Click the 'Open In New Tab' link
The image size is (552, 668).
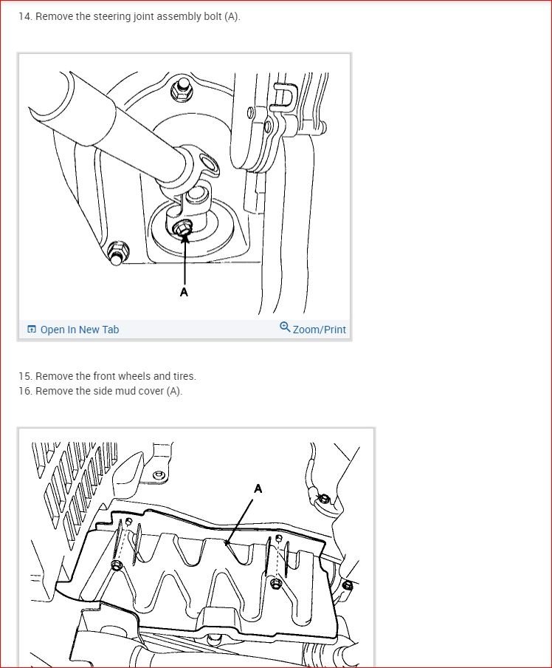click(80, 330)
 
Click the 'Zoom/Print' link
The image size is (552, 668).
click(320, 330)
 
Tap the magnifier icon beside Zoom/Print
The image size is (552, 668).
click(285, 327)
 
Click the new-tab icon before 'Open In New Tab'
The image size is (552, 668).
click(32, 329)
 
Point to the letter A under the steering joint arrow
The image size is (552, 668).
click(184, 292)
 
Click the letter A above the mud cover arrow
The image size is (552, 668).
click(258, 488)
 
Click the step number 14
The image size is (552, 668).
click(25, 16)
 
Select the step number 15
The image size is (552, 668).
click(25, 376)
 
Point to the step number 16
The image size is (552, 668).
click(25, 391)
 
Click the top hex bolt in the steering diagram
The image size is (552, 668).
click(181, 89)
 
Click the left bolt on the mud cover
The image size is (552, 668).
click(117, 565)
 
